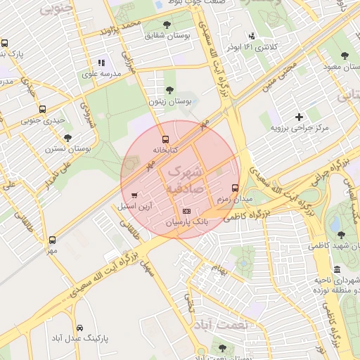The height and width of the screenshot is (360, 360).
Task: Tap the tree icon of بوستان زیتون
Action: point(169,89)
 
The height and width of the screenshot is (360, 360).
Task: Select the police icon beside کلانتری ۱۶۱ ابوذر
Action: point(251,36)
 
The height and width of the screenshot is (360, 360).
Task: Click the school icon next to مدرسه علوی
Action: point(101,63)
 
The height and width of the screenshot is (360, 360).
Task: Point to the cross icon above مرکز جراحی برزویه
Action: point(300,117)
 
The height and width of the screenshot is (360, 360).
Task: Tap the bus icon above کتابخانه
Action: point(166,139)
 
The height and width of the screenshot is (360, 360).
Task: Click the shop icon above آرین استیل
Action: point(134,195)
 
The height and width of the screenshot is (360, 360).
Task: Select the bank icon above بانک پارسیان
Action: point(186,211)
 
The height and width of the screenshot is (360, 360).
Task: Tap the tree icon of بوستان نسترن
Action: point(67,138)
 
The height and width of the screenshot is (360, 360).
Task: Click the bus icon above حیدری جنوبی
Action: point(43,109)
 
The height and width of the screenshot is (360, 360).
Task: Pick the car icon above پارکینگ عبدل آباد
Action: point(79,328)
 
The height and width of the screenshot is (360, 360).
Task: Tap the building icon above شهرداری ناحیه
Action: point(337,270)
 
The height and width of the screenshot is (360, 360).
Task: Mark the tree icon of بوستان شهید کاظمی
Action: point(341,235)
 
